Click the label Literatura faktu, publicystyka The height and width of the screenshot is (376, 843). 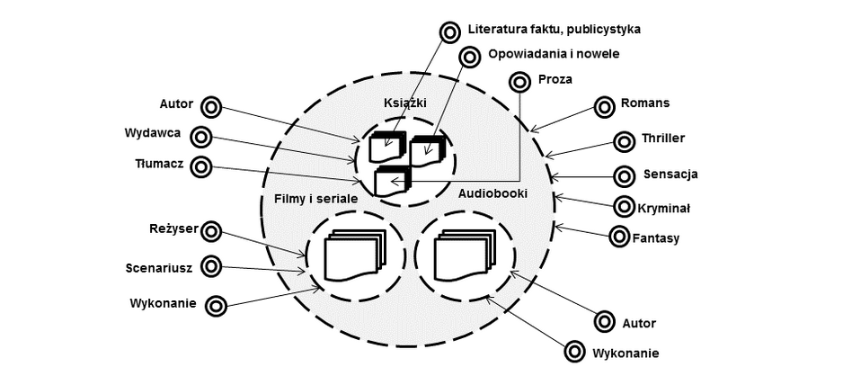553,30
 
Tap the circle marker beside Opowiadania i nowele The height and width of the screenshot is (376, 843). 470,57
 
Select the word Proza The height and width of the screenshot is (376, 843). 555,80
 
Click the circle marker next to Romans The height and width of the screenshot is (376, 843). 602,106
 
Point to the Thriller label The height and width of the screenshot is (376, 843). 663,139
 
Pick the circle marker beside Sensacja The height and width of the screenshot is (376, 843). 623,175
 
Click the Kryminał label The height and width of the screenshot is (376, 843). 664,208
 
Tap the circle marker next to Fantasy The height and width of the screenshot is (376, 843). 619,237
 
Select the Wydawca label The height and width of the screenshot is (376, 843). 153,133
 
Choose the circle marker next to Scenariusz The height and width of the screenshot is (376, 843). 210,266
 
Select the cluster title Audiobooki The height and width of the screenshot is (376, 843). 492,192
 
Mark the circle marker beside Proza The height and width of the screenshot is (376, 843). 519,82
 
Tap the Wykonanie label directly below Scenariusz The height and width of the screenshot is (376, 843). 163,302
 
